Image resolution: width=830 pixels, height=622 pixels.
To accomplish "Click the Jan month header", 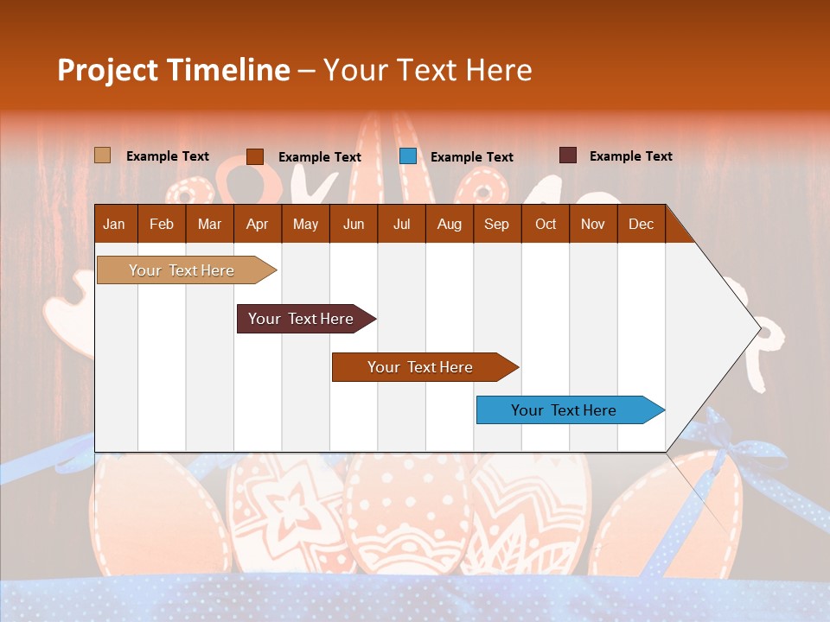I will point(114,224).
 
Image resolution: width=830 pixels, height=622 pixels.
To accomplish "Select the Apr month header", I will point(258,224).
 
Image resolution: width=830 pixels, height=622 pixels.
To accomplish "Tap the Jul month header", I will point(401,224).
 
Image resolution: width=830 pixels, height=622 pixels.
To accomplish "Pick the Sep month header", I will point(496,224).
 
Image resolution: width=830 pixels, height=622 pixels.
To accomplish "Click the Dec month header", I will point(641,224).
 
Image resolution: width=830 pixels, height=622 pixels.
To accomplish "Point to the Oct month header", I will point(546,224).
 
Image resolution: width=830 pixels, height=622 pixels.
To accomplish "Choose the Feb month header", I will point(162,224).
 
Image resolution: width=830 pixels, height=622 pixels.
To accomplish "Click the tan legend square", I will point(102,155).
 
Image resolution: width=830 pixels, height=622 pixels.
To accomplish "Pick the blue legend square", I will point(408,156).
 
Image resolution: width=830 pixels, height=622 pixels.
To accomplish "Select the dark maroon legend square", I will point(568,155).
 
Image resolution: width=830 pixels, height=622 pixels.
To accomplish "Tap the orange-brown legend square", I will point(255,156).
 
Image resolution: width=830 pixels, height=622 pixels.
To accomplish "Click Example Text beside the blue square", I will point(471,157).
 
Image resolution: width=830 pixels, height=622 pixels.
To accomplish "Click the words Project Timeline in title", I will point(173,70).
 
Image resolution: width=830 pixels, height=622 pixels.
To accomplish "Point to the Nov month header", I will point(593,224).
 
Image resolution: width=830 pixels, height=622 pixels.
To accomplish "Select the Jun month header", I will point(354,224).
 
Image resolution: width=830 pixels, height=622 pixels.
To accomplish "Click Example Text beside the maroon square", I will point(630,156).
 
